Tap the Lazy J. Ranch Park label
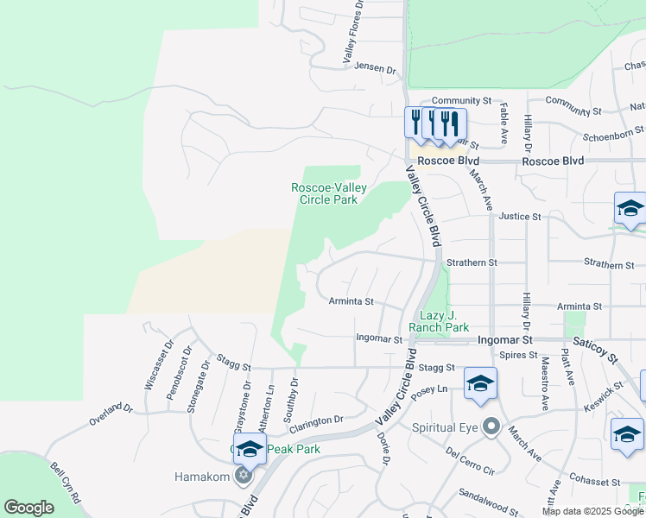click(x=444, y=322)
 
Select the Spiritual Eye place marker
click(x=491, y=426)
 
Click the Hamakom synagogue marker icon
click(x=243, y=476)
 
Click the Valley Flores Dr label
click(x=352, y=33)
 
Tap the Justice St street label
click(x=519, y=217)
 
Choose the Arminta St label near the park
click(x=351, y=302)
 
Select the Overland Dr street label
click(x=111, y=414)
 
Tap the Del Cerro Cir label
click(x=470, y=461)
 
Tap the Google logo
click(x=28, y=508)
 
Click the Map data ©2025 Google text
click(x=592, y=511)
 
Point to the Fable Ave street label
click(x=503, y=123)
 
